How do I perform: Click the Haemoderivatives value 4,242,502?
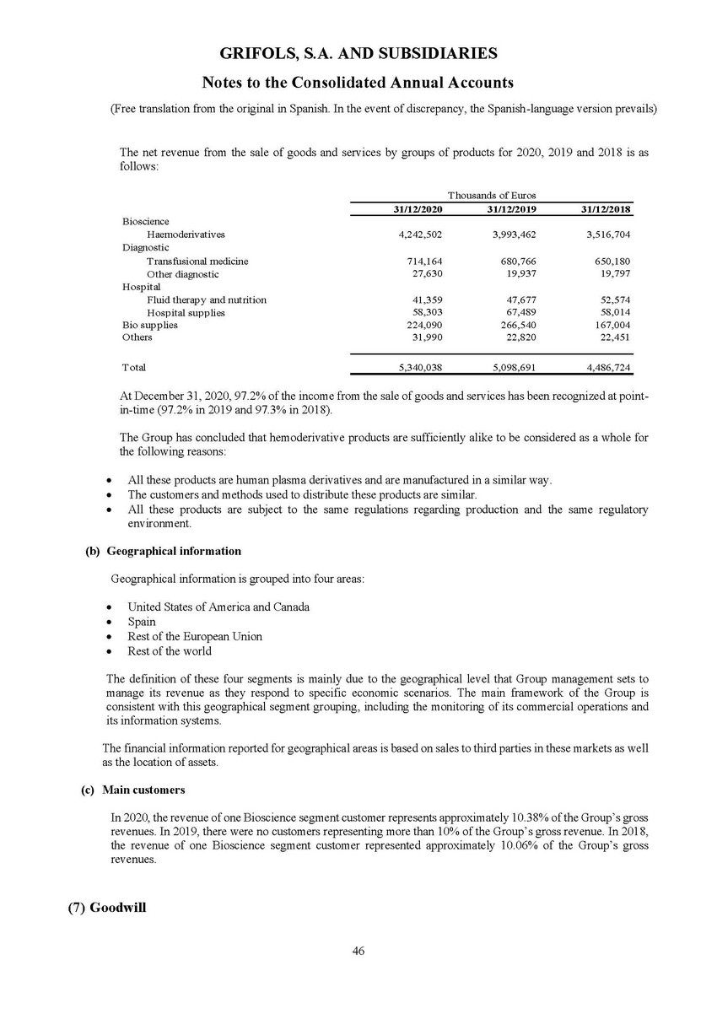click(x=420, y=235)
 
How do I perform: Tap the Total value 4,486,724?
click(x=607, y=368)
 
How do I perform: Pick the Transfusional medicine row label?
click(x=197, y=262)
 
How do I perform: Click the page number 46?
click(x=358, y=951)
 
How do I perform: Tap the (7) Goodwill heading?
click(x=107, y=909)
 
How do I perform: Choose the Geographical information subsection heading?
click(x=173, y=551)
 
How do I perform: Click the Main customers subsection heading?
click(x=143, y=790)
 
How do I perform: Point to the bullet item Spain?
click(x=142, y=622)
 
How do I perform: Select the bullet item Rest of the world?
click(x=170, y=650)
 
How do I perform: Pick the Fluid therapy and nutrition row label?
click(x=207, y=299)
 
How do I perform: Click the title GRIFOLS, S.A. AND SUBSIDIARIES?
click(x=358, y=54)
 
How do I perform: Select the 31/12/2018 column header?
click(x=607, y=209)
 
